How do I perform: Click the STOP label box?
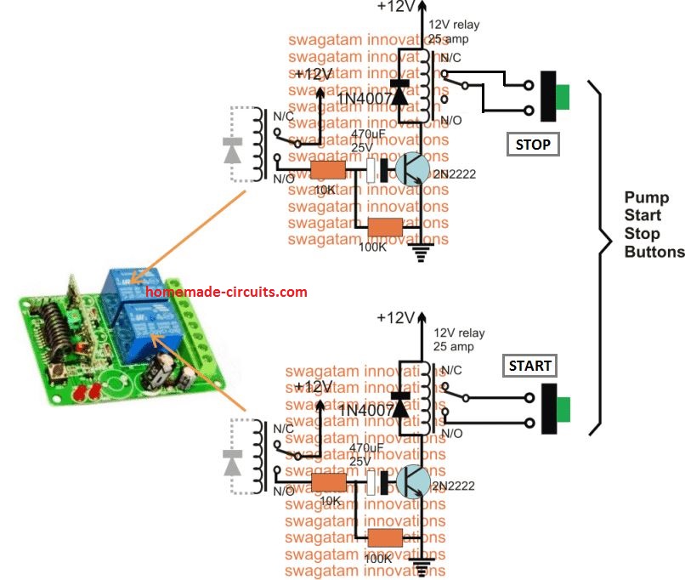click(533, 144)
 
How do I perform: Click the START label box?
click(529, 367)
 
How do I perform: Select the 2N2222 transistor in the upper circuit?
click(414, 168)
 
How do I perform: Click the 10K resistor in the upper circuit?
click(328, 170)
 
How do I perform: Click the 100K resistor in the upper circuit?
click(385, 227)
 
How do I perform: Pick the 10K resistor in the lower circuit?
click(328, 482)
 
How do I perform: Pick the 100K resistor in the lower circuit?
click(385, 537)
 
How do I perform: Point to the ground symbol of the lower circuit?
click(421, 562)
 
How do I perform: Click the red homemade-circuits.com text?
click(226, 292)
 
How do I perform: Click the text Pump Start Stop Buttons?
click(654, 225)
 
